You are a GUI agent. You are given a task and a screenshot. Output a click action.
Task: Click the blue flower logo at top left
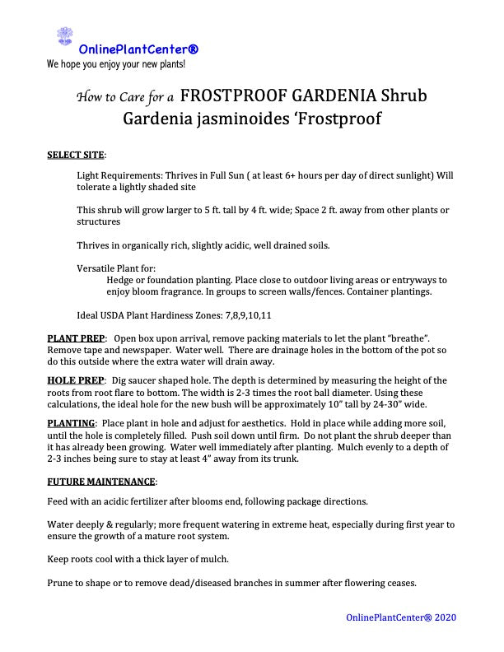(63, 35)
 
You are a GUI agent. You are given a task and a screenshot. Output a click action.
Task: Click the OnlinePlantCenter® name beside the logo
(138, 50)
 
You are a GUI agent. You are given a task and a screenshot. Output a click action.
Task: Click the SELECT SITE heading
(76, 155)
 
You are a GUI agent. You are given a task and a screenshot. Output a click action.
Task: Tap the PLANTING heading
(71, 422)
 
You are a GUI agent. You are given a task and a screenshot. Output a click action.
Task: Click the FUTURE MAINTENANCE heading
(100, 481)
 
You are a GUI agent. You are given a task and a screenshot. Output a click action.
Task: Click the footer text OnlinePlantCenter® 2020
(401, 617)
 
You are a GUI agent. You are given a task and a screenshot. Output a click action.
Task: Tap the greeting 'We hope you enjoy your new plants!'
(116, 63)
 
